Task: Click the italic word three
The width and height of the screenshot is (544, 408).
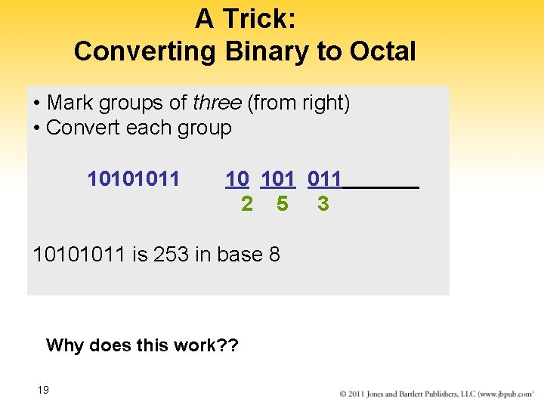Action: (x=218, y=103)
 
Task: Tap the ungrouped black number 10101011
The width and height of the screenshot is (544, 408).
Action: (x=134, y=179)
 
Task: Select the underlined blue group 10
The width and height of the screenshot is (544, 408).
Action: (x=237, y=179)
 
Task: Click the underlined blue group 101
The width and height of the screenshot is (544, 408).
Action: (x=278, y=179)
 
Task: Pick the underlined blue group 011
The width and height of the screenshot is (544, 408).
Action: (x=325, y=179)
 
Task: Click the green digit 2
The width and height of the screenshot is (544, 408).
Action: (x=247, y=204)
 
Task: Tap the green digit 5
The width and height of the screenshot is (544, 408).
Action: (x=282, y=204)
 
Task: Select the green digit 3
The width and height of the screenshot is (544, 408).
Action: (x=323, y=204)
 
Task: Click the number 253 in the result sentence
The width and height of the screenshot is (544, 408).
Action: (x=172, y=255)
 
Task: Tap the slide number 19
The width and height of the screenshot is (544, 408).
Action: (x=43, y=390)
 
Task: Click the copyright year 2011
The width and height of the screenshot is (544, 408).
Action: (x=360, y=394)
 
